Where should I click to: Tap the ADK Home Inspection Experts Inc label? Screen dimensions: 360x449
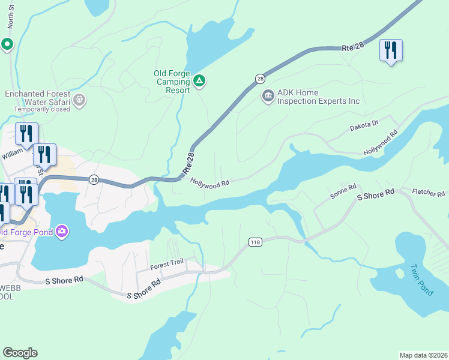pos(318,97)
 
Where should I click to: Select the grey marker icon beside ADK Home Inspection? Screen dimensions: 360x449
pos(268,95)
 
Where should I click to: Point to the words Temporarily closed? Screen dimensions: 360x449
pos(43,110)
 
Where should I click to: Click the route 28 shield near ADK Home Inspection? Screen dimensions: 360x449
pos(260,79)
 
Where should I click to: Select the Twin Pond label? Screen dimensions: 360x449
pos(421,279)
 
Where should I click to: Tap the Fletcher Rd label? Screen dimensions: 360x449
pos(429,193)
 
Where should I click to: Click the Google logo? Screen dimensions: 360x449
pos(20,353)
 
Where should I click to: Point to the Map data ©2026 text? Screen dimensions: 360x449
pos(423,355)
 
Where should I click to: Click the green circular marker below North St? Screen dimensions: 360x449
pos(7,44)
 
